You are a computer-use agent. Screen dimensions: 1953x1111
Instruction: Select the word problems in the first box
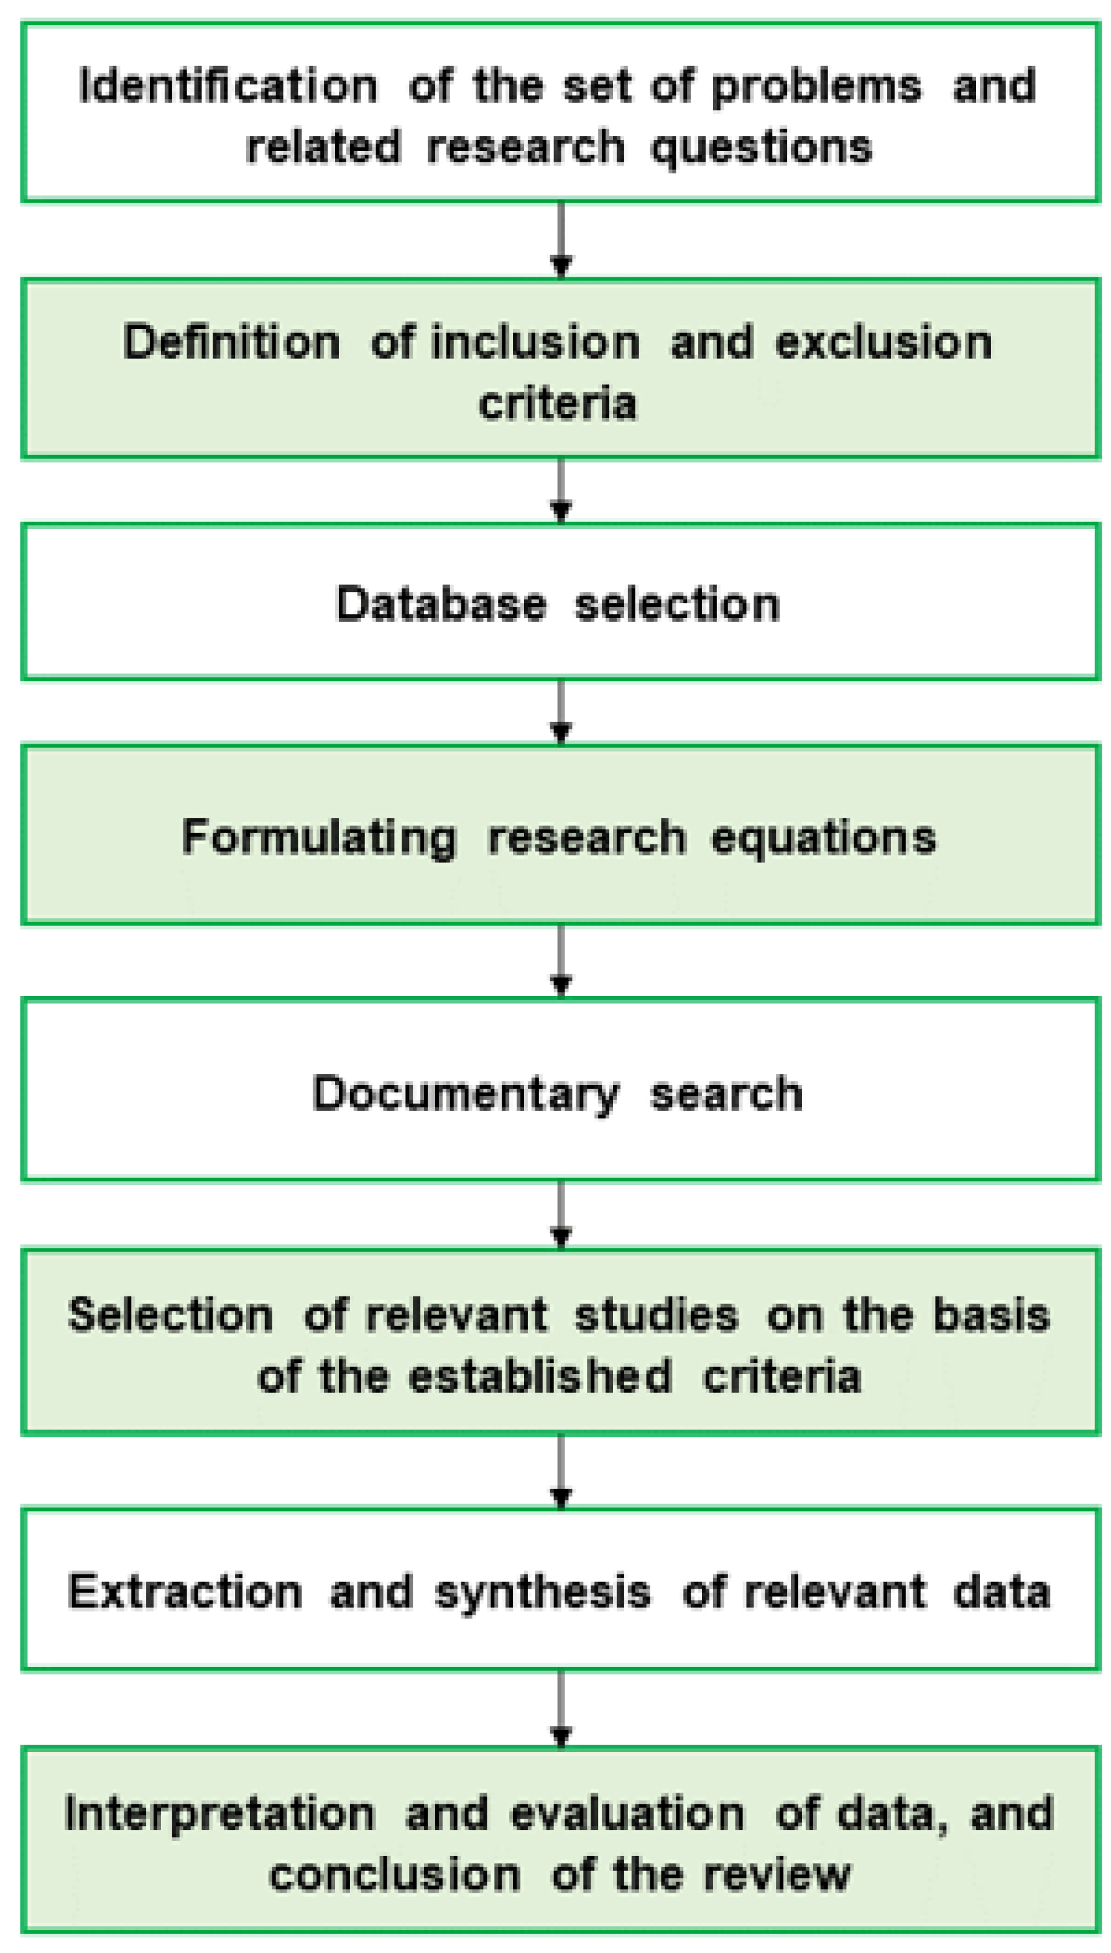click(x=816, y=87)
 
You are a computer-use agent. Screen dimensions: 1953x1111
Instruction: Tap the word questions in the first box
click(x=762, y=147)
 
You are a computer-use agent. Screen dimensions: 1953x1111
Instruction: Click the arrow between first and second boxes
click(x=561, y=240)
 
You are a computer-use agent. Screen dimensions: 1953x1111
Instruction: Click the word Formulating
click(x=319, y=838)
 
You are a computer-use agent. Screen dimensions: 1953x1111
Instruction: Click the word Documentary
click(x=466, y=1094)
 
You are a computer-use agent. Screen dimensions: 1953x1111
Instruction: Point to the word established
click(x=540, y=1377)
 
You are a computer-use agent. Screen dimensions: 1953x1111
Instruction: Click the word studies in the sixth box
click(x=657, y=1316)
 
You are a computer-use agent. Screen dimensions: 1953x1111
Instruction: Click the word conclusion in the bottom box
click(x=395, y=1876)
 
